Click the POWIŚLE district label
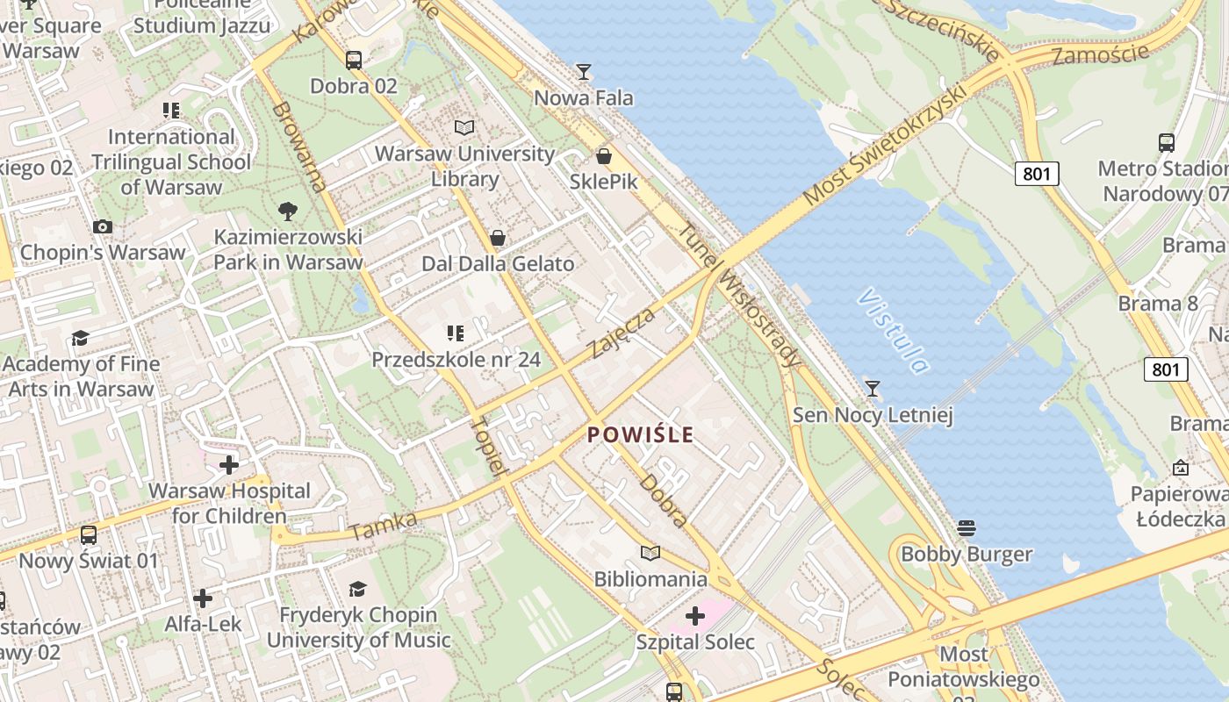[x=640, y=434]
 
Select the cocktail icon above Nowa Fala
[x=584, y=71]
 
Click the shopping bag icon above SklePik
[x=604, y=157]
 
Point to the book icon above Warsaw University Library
[x=464, y=128]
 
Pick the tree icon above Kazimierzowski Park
[x=287, y=211]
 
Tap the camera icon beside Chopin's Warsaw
[x=103, y=226]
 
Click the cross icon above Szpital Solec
[x=694, y=616]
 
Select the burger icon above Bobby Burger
[x=967, y=527]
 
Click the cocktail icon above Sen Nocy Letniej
[x=872, y=388]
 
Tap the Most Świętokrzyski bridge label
[x=884, y=146]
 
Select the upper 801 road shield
[x=1037, y=174]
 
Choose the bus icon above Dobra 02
[x=354, y=60]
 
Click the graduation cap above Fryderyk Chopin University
[x=357, y=588]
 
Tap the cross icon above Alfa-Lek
[x=203, y=598]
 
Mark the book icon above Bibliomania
[x=650, y=553]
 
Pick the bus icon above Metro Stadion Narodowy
[x=1166, y=142]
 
